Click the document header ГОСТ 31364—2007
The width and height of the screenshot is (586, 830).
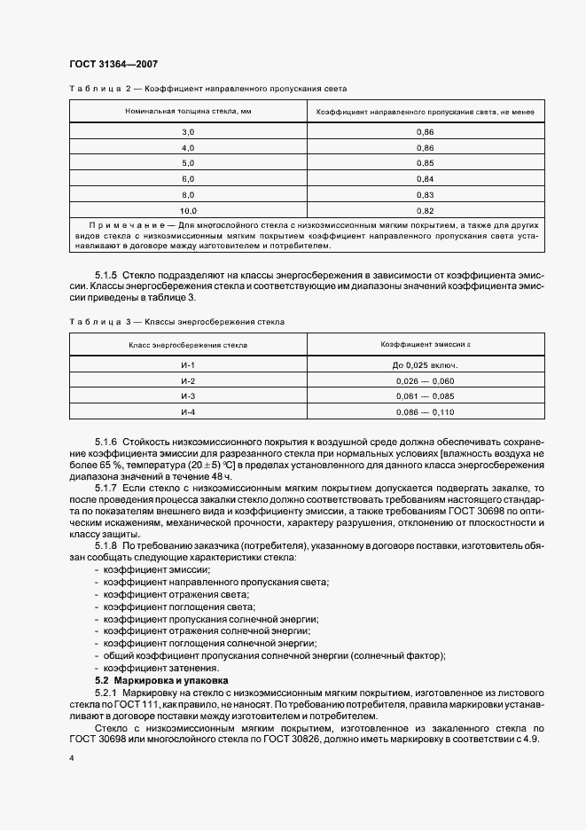click(113, 63)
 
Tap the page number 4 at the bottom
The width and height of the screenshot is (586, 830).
click(71, 760)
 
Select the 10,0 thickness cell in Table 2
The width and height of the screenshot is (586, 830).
click(187, 211)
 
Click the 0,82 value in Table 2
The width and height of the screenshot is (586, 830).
click(425, 211)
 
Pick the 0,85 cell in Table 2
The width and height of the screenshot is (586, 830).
click(425, 163)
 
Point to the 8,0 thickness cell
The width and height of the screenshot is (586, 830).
click(187, 195)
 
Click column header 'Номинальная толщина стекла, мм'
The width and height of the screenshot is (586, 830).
click(187, 112)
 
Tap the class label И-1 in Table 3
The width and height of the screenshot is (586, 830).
click(187, 364)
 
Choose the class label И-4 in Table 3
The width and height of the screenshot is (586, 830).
click(187, 412)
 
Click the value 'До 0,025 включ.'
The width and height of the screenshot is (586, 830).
click(425, 364)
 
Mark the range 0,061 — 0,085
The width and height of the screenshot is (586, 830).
click(425, 396)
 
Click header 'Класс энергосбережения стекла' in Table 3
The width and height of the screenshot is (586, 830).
click(187, 342)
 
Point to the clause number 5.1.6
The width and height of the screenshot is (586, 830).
click(106, 442)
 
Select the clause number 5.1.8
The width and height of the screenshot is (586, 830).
click(106, 545)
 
